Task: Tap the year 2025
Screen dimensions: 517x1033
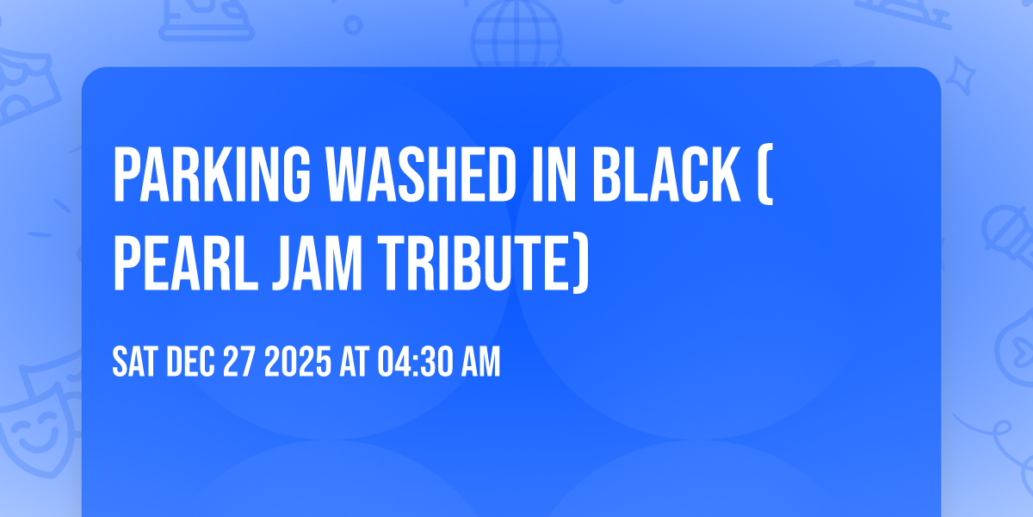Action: pyautogui.click(x=298, y=364)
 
